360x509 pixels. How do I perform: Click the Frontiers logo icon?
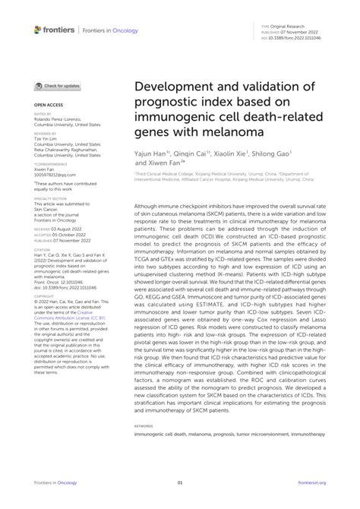coord(39,30)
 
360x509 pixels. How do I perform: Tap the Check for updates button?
coord(58,87)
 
